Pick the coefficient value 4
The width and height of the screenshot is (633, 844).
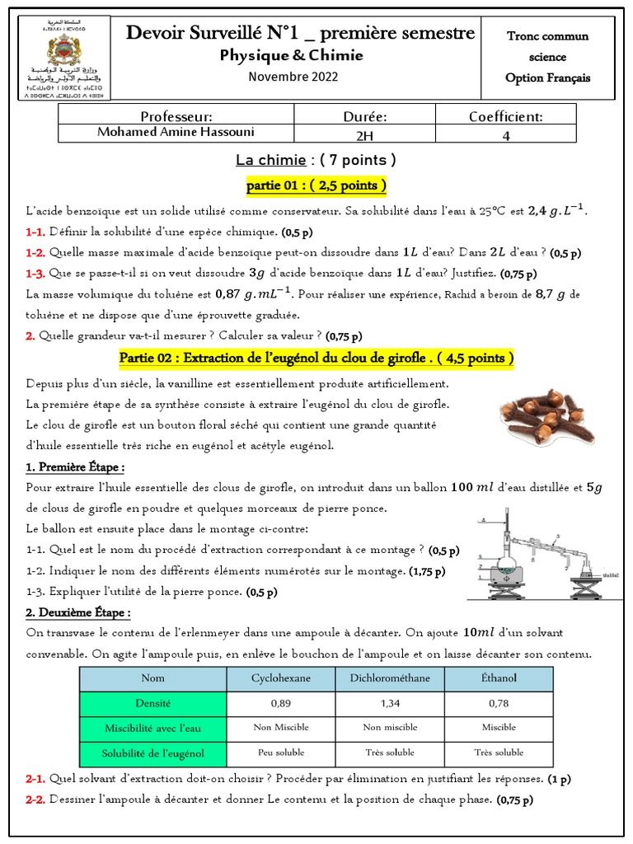[506, 136]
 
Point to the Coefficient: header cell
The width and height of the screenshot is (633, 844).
[506, 117]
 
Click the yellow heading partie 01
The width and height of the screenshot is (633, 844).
[316, 185]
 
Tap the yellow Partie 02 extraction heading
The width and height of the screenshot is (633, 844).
[316, 358]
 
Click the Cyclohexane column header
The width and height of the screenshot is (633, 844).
[280, 678]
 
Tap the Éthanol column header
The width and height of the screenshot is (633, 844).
[499, 678]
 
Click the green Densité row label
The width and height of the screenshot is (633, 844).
[152, 704]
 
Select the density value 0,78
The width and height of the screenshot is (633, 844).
[499, 704]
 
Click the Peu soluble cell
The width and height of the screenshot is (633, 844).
[280, 753]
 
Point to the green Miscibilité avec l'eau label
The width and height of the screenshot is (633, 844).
[152, 728]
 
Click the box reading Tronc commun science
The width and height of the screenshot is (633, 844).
[548, 57]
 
